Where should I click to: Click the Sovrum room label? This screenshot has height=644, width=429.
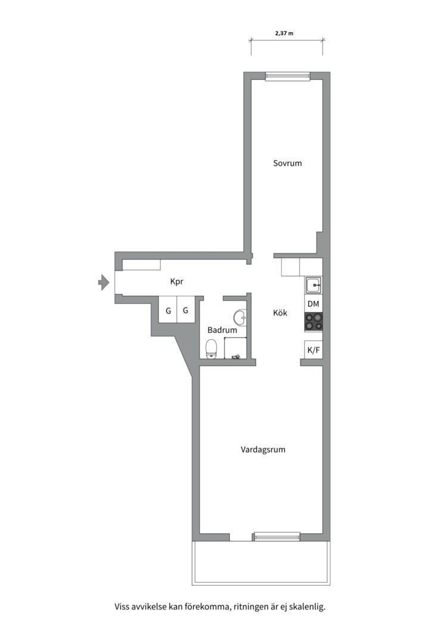287,163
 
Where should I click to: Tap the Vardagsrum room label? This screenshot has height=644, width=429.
263,450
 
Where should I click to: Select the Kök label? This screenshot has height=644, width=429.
280,312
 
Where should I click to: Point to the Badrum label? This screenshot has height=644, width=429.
222,330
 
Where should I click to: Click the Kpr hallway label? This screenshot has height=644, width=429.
176,281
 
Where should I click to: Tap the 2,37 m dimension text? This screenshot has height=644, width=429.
284,33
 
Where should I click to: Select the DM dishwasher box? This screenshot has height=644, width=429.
313,304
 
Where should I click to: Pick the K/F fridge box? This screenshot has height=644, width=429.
313,350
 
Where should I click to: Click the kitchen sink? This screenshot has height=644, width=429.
313,286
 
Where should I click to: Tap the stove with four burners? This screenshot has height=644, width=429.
313,322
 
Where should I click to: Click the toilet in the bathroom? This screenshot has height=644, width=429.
211,348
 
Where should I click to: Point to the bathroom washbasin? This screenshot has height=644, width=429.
240,316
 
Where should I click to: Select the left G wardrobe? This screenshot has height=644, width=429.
168,311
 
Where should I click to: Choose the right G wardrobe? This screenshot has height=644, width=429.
186,311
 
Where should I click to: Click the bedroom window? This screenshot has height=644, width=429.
287,76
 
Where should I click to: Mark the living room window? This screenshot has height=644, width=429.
276,537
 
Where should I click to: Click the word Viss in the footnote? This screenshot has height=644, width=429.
122,607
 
